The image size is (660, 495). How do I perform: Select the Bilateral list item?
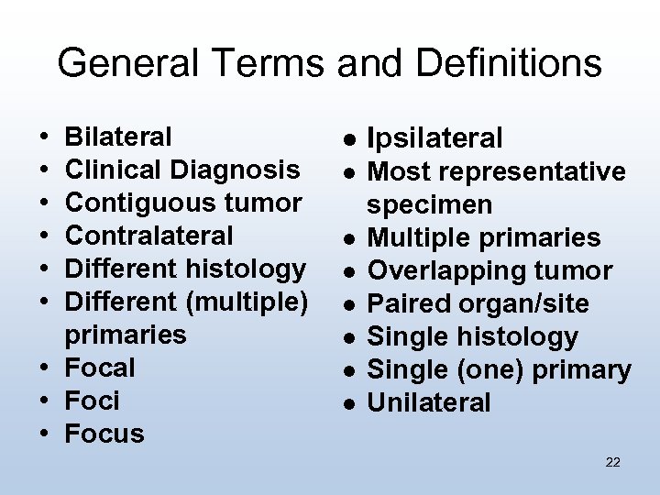click(119, 137)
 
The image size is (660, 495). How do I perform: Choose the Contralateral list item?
click(150, 236)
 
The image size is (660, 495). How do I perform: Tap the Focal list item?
click(101, 368)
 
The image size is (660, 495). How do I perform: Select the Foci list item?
click(93, 401)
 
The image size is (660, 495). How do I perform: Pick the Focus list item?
click(105, 434)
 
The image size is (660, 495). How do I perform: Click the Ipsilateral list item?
click(434, 139)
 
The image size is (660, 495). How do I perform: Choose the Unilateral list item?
click(428, 402)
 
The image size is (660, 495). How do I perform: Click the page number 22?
click(613, 462)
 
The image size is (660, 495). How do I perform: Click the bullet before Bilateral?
click(33, 137)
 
